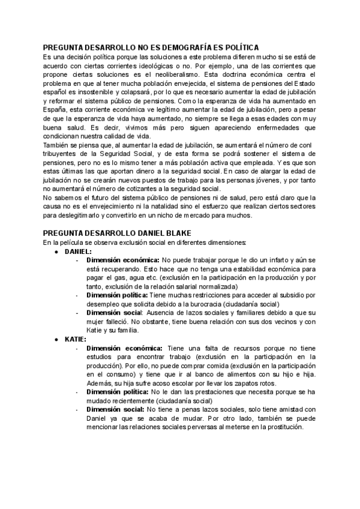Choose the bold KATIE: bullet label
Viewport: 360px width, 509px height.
tap(74, 339)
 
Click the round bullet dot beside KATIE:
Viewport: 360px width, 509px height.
tap(56, 339)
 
